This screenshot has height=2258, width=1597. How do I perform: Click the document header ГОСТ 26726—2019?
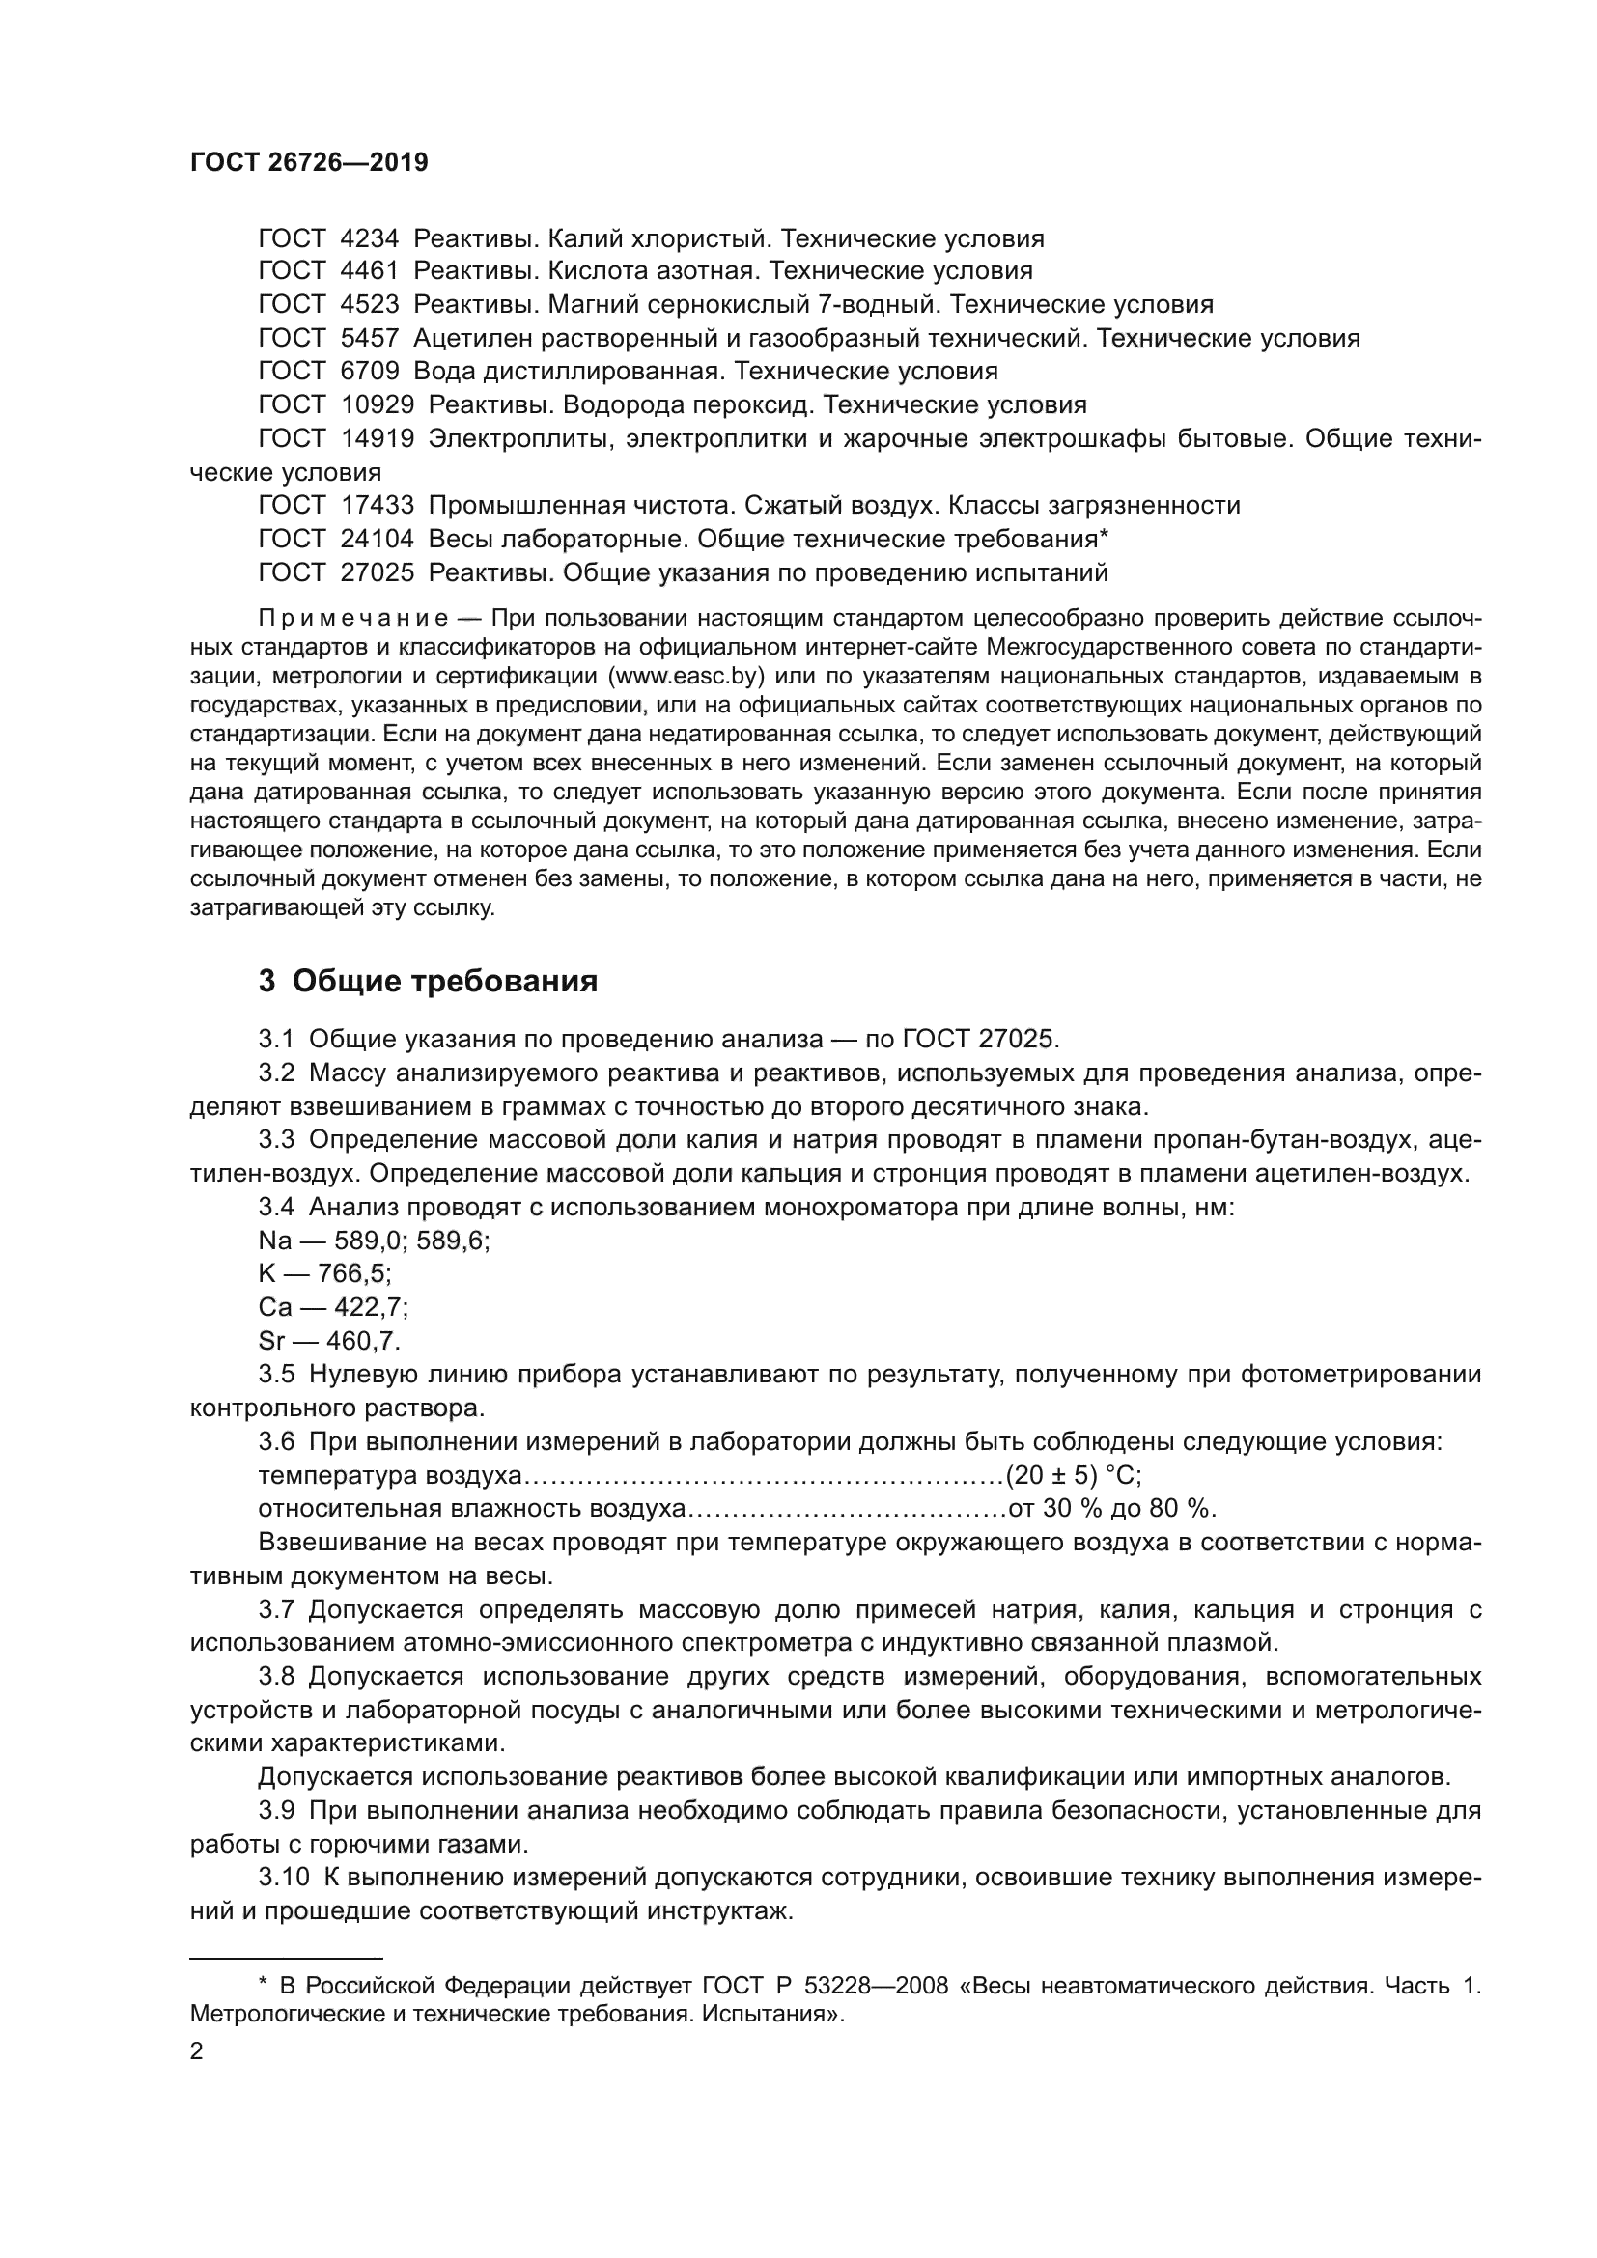point(309,163)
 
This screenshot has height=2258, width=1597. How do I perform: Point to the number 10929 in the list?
point(377,405)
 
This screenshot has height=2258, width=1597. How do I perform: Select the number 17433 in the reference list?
point(377,506)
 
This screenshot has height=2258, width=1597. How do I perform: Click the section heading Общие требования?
point(444,982)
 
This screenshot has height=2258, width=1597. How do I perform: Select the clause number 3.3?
point(276,1140)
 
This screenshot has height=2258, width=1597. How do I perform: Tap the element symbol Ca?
point(275,1307)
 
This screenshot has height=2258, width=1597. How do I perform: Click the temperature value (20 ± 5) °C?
point(1072,1475)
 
